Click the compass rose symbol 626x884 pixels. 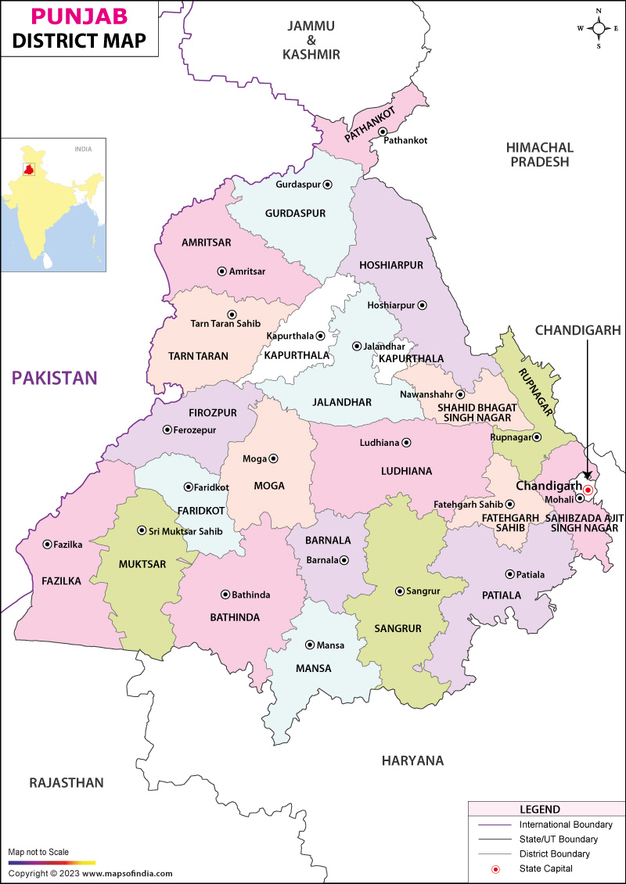coord(599,28)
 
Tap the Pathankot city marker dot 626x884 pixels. coord(383,131)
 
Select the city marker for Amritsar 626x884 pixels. coord(221,271)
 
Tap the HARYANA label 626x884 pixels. coord(412,760)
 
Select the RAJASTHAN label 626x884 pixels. coord(67,782)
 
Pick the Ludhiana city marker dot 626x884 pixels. coord(406,443)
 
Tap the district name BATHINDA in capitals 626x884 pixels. coord(235,617)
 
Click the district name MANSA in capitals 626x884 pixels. coord(313,668)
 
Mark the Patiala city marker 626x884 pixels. coord(509,574)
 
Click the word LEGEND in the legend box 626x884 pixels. coord(540,809)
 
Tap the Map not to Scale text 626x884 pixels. coord(38,852)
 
